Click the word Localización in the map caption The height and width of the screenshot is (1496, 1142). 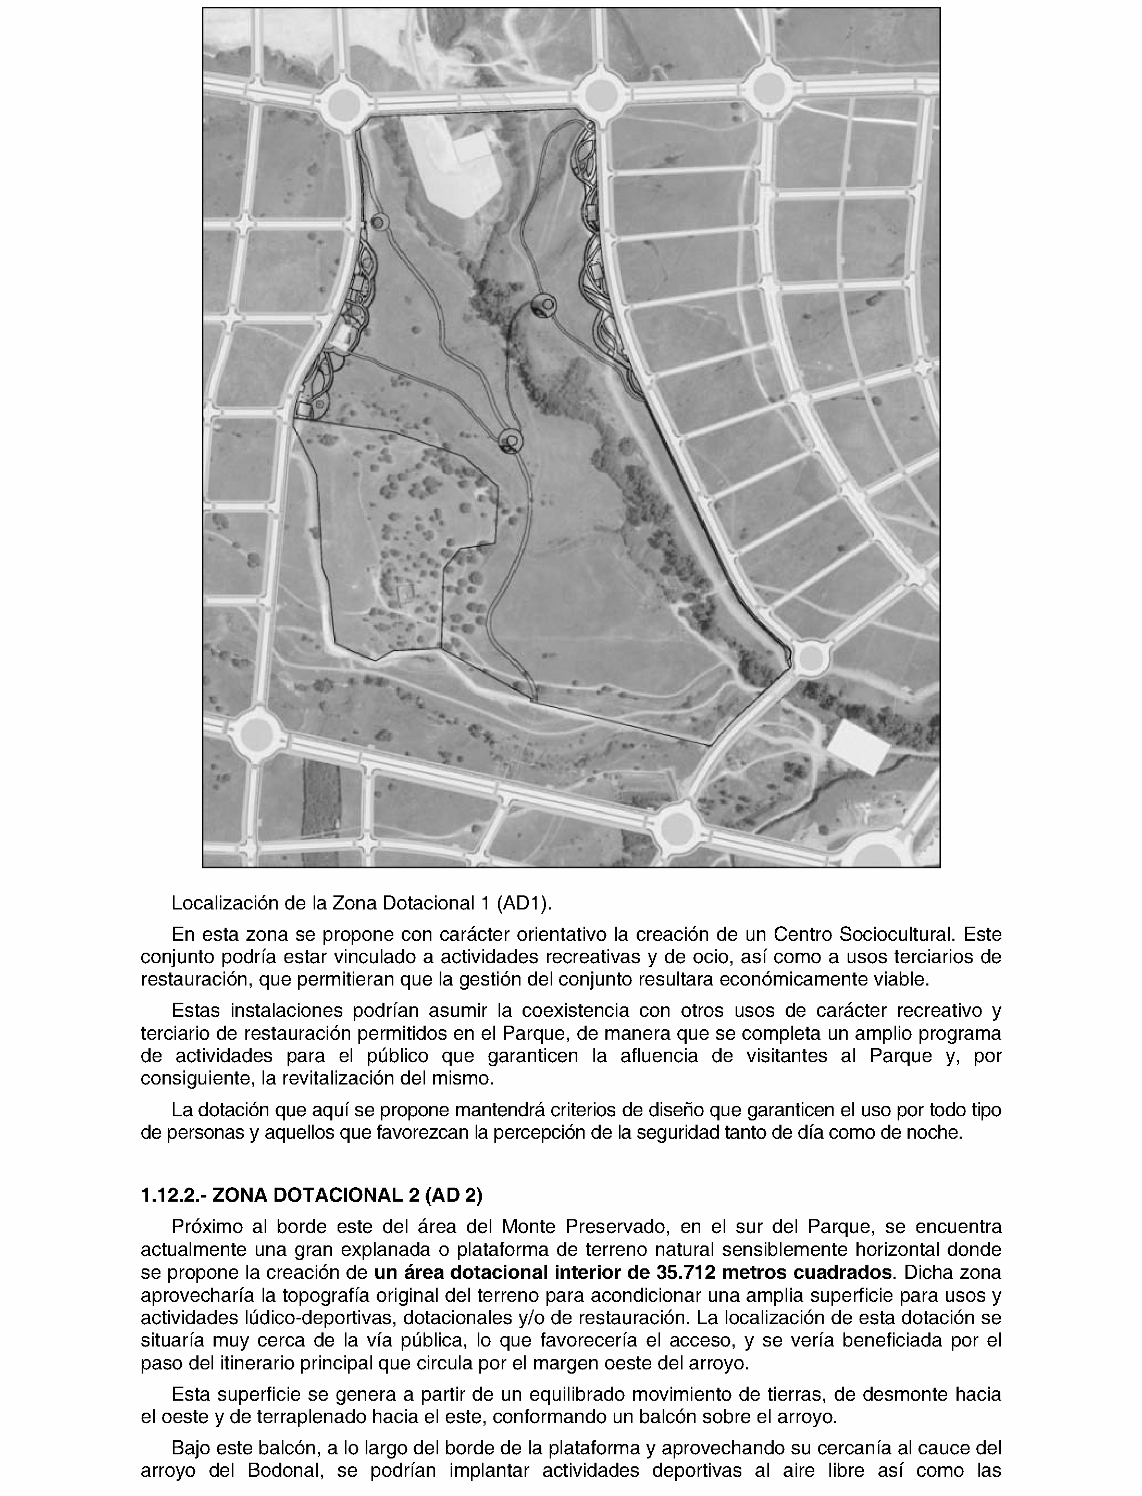click(217, 903)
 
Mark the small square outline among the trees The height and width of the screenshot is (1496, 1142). click(406, 593)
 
